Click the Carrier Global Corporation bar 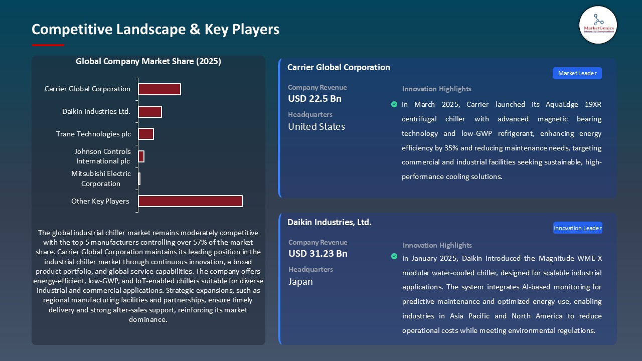coord(159,89)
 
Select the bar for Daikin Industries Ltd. coord(150,112)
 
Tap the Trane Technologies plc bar coord(146,134)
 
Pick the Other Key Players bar coord(190,201)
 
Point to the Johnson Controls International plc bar coord(141,156)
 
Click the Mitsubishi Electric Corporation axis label coord(101,178)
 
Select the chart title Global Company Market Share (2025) coord(148,62)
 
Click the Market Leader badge coord(577,73)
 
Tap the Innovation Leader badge coord(577,228)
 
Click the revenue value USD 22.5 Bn coord(314,99)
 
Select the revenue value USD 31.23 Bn coord(318,254)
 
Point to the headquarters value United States coord(316,127)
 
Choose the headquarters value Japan coord(300,282)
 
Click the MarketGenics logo coord(598,25)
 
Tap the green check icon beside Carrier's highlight coord(394,104)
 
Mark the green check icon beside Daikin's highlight coord(394,257)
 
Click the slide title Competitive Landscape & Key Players coord(155,29)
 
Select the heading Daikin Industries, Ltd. coord(330,222)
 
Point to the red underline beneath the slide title coord(48,45)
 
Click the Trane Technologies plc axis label coord(93,134)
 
